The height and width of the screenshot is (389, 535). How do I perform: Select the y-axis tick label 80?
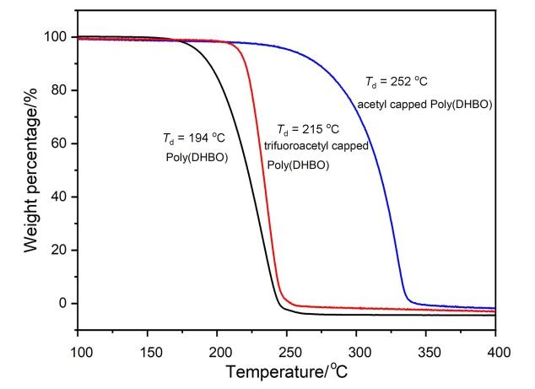pos(60,90)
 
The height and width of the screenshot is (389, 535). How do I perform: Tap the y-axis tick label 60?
pos(60,143)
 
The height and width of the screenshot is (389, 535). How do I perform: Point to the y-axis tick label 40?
pos(60,197)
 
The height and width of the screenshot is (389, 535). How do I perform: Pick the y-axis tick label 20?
pos(60,250)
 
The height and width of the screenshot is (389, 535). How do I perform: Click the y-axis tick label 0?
pos(63,303)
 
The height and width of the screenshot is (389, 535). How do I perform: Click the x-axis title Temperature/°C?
pos(288,371)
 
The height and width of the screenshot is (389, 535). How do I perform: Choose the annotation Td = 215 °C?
pos(308,129)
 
